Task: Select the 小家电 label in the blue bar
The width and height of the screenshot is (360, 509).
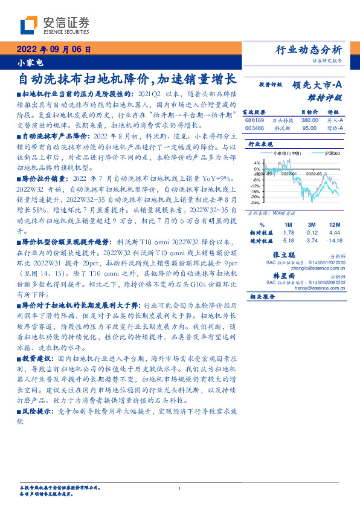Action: click(x=25, y=62)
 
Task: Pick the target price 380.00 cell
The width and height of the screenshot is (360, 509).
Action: click(x=309, y=120)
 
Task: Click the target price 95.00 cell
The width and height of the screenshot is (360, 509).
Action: click(x=310, y=128)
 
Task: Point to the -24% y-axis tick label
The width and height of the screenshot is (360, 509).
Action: click(x=256, y=203)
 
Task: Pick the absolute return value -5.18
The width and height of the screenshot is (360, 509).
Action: click(x=288, y=239)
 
